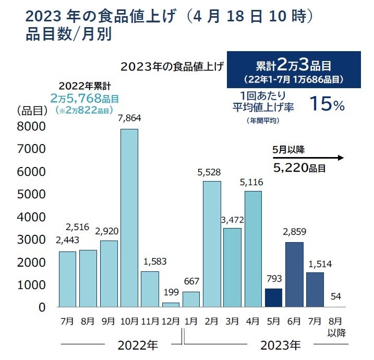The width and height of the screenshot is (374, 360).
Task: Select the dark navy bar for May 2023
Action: tap(273, 298)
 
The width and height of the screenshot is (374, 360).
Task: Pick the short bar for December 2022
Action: tap(171, 305)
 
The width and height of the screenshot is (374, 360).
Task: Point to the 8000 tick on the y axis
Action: tap(31, 127)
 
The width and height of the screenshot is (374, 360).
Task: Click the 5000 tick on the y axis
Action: tap(31, 195)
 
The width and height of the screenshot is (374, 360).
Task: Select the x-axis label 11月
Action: tap(150, 321)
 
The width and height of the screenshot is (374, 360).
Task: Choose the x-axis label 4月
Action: tap(252, 321)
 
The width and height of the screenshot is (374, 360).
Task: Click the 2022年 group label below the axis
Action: tap(137, 345)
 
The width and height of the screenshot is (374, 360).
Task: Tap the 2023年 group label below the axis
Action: tap(281, 345)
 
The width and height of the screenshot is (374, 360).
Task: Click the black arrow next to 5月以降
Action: tap(308, 157)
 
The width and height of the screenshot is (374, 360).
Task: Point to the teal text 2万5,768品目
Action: tap(85, 98)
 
